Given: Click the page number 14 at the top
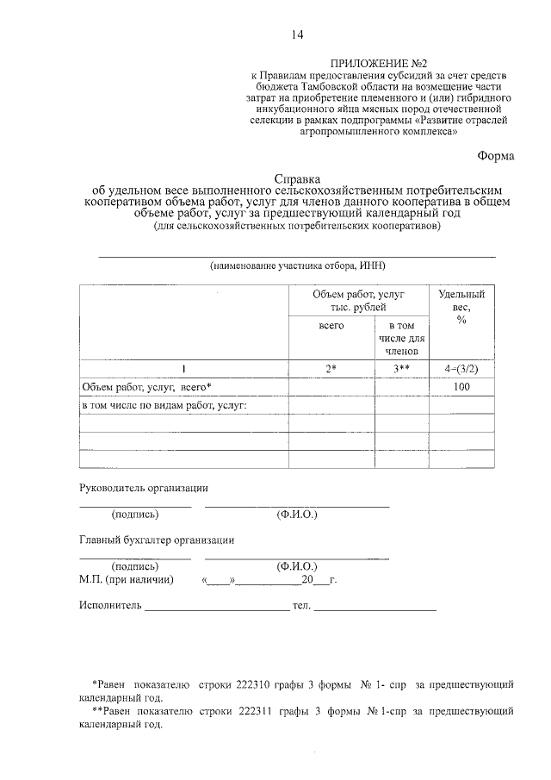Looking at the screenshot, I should pos(296,34).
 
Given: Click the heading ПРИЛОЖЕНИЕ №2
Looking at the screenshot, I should pos(380,64).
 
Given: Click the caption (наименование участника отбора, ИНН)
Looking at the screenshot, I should pos(296,266).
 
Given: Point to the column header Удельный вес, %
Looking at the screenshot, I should pos(461,306).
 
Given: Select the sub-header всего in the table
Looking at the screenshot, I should pos(331,327).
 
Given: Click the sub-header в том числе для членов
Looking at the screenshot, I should pos(401,339).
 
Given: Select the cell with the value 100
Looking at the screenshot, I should pos(461,387).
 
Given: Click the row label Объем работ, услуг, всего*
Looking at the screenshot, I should pos(146,387).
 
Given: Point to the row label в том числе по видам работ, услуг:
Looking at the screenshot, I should pos(164,405).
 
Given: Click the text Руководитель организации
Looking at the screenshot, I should pos(144,487).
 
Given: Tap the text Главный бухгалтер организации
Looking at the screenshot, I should pos(158,540).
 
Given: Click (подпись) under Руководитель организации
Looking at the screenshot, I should pos(135,515).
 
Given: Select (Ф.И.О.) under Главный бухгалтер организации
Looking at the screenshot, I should pos(297,567).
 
